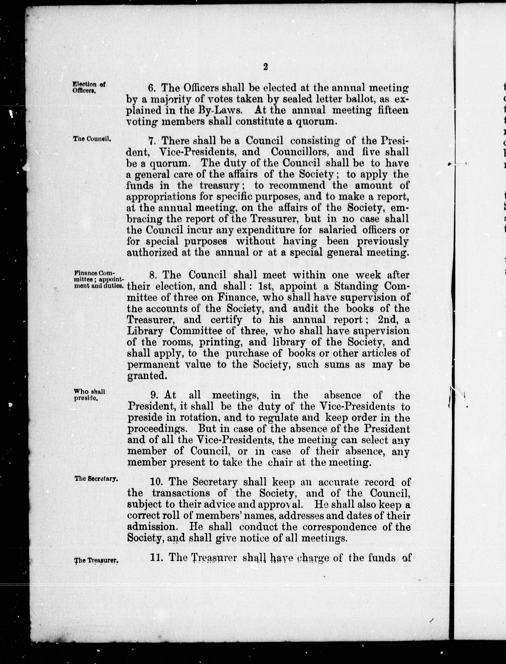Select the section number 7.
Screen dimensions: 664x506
point(152,141)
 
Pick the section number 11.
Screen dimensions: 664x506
point(156,558)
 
